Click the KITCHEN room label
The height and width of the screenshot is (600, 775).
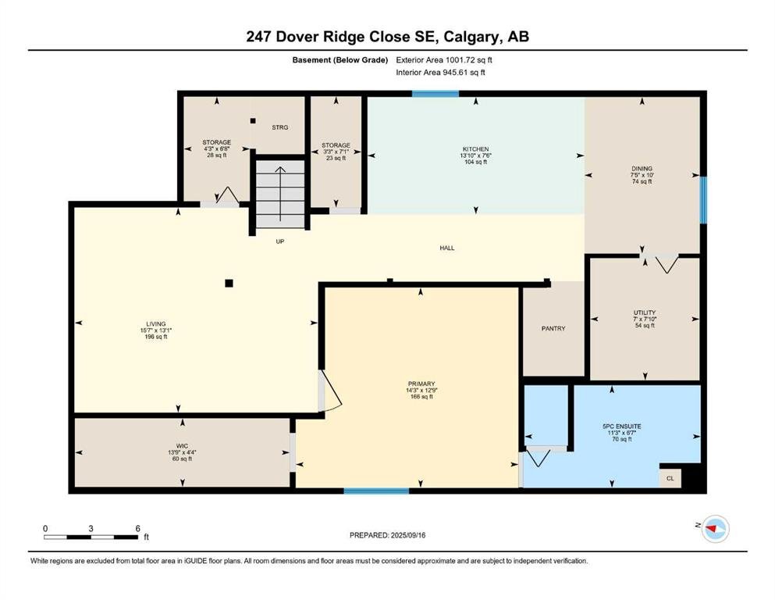475,149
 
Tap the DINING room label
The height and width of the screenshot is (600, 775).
642,169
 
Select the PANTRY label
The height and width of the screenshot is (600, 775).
553,328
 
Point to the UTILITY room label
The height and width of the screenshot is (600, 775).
645,312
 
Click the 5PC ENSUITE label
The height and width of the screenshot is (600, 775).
622,427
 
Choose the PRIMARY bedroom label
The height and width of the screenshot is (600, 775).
421,384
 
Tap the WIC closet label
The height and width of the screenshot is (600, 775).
182,446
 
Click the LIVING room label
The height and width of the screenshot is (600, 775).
155,324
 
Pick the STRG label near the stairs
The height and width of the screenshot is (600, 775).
279,127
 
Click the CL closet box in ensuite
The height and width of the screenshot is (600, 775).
670,478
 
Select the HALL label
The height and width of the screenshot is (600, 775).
446,248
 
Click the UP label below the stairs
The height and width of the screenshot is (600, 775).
279,241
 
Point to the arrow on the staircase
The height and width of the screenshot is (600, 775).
280,194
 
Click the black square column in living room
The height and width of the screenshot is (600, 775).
229,284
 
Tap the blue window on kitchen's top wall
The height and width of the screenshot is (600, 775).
435,94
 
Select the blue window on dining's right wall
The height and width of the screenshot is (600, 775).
703,200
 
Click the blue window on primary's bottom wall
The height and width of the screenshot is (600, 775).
376,491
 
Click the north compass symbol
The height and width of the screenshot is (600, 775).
715,529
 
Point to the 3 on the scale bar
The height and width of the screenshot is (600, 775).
91,528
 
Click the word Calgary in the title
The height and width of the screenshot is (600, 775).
471,37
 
